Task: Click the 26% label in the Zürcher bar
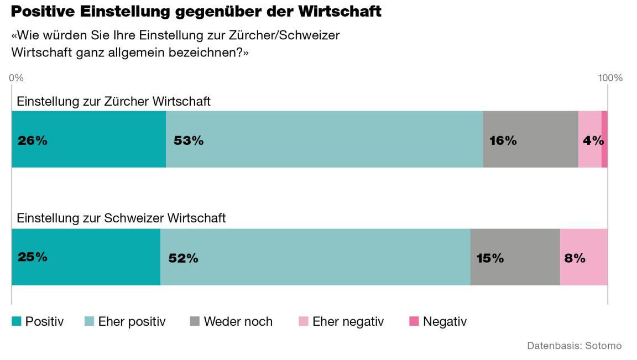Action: [33, 140]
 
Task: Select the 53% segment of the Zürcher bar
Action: [324, 139]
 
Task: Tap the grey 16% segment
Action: [530, 139]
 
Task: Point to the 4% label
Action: [593, 140]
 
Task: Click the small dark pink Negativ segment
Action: [604, 139]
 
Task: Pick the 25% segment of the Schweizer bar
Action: [86, 257]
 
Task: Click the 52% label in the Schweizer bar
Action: [183, 258]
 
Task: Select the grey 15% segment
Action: [515, 257]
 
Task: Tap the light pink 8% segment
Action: [583, 257]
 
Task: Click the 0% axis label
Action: [16, 78]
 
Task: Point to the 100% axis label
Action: [610, 78]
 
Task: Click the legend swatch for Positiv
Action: [17, 321]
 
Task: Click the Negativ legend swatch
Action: [414, 321]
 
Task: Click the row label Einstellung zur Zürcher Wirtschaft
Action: [113, 102]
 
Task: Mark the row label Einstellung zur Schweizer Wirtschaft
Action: [121, 218]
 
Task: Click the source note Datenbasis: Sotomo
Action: [574, 346]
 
